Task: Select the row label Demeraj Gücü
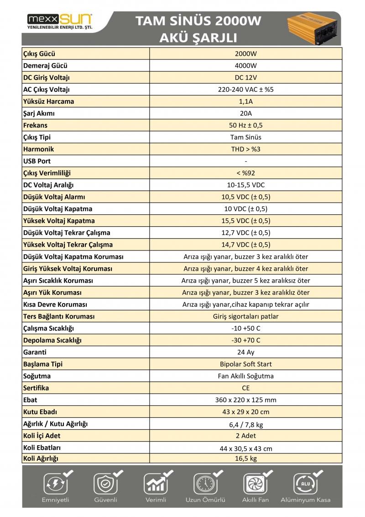coord(45,65)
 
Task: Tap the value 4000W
coord(246,65)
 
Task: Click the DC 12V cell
coord(246,77)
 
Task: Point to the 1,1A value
coord(246,101)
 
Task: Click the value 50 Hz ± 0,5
coord(246,125)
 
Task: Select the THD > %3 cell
coord(246,149)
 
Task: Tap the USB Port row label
coord(37,161)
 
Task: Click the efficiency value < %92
coord(246,173)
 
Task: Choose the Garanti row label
coord(35,352)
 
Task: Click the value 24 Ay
coord(246,352)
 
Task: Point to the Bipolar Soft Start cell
coord(246,364)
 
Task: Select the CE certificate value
coord(246,388)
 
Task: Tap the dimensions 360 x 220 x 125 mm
coord(246,400)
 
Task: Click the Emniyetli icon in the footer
coord(55,483)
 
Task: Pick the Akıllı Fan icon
coord(255,483)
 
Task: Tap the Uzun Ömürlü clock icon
coord(205,483)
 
